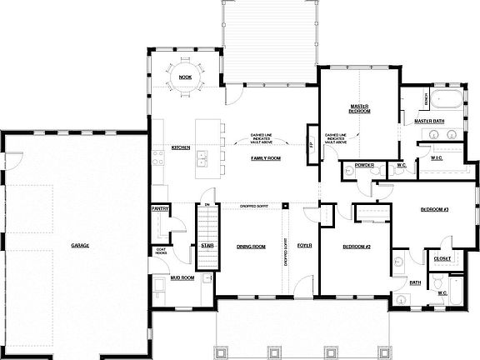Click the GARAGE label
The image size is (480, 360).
coord(80,245)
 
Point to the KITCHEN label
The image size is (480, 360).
coord(181,147)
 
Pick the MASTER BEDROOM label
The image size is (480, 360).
coord(359,107)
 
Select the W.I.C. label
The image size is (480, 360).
coord(436,157)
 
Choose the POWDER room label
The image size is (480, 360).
coord(363,165)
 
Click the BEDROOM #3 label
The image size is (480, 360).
coord(435,209)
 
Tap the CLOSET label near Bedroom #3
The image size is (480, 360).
coord(442,258)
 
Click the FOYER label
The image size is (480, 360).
coord(304,246)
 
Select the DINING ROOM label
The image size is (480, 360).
coord(251,246)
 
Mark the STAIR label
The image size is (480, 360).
coord(205,245)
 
